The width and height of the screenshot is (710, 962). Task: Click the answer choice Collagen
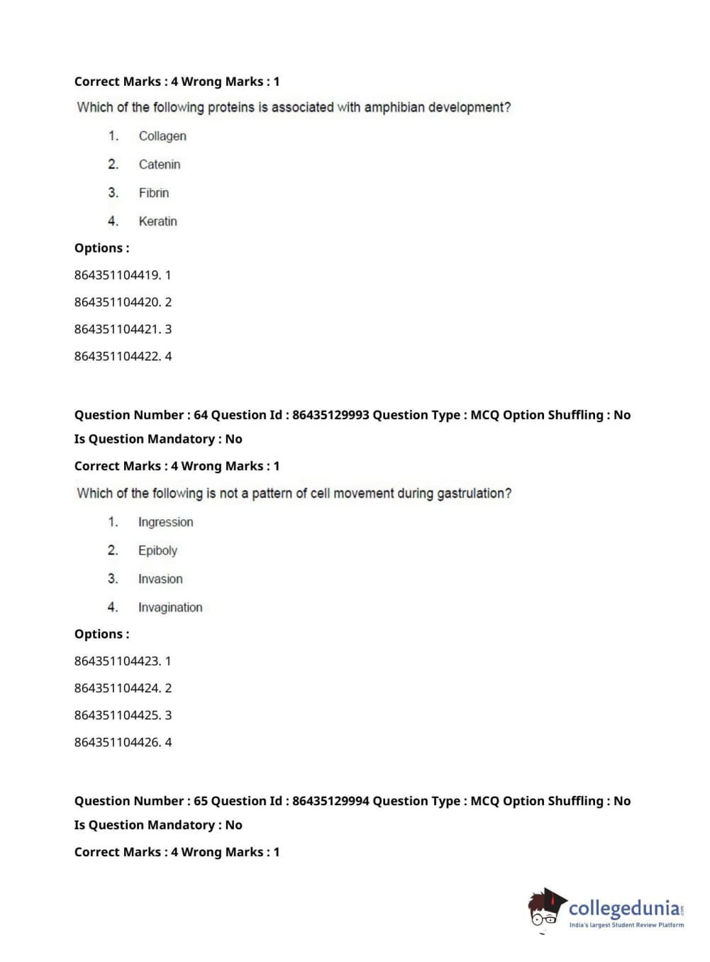[162, 136]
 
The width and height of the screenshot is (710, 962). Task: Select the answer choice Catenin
[160, 165]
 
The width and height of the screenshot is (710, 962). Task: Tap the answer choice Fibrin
[154, 193]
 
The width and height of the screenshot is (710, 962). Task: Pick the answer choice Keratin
[157, 221]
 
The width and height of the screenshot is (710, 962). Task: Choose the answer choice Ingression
[165, 522]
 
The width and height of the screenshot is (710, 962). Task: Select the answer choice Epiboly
[157, 551]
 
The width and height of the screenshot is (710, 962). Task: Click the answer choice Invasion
[160, 579]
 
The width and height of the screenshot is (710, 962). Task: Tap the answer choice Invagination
[170, 607]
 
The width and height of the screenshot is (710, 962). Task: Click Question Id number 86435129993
[331, 415]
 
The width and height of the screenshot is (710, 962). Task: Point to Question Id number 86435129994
[331, 801]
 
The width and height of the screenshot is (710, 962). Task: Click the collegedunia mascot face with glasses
[545, 910]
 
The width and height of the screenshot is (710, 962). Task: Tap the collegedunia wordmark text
[623, 908]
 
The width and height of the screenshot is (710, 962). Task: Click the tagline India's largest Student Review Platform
[626, 925]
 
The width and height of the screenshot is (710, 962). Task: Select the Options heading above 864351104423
[101, 634]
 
